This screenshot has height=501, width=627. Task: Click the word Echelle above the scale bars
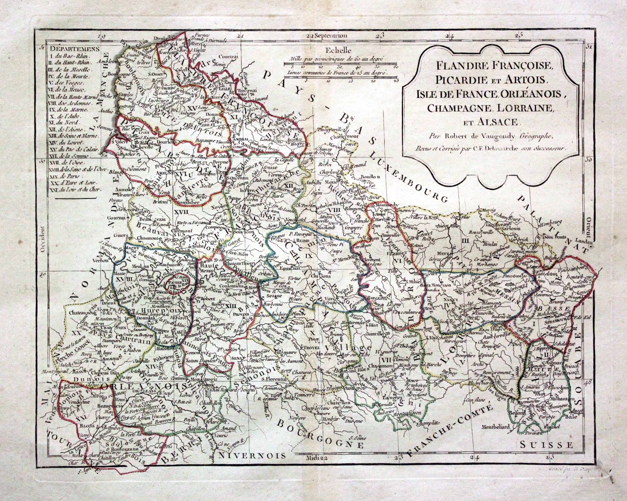tap(335, 50)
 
